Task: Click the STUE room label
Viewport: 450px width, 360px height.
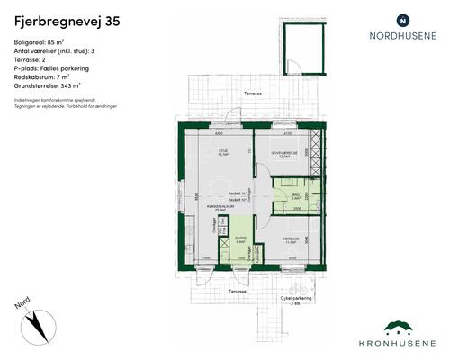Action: point(221,151)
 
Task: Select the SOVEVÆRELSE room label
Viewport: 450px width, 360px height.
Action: point(285,153)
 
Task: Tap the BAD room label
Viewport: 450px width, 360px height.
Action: point(295,195)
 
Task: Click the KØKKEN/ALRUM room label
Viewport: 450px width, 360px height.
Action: point(213,206)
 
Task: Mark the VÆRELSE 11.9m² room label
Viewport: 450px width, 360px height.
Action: point(291,238)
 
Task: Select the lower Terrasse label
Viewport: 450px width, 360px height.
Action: point(237,292)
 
